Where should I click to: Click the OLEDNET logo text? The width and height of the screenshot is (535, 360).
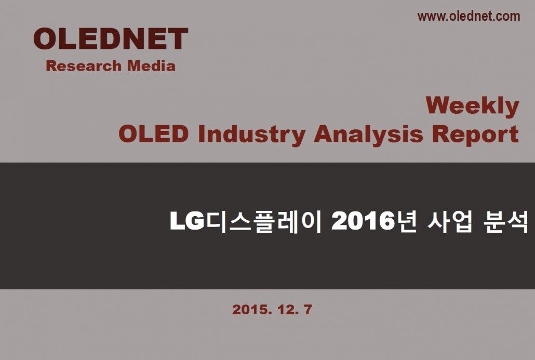click(111, 38)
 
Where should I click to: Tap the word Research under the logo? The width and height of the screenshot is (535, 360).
click(84, 66)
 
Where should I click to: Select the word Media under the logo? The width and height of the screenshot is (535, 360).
click(151, 65)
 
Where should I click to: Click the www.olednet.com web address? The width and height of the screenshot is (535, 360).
click(469, 16)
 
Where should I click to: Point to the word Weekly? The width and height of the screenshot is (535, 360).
click(472, 106)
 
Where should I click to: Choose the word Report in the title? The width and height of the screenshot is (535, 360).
click(475, 135)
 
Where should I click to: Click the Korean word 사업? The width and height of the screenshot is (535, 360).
click(450, 222)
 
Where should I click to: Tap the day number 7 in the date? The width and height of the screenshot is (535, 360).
click(307, 310)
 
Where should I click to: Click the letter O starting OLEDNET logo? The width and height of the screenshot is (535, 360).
click(46, 38)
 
